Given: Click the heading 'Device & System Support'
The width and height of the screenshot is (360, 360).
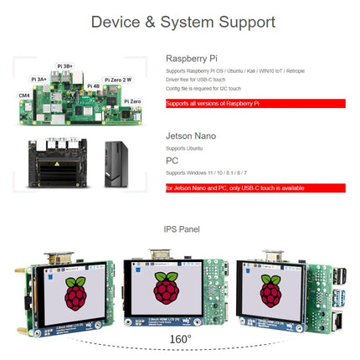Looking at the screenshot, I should [x=179, y=22].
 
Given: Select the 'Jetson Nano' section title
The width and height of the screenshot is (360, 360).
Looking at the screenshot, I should [x=191, y=136].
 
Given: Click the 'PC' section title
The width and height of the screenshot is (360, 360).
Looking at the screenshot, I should [x=172, y=160].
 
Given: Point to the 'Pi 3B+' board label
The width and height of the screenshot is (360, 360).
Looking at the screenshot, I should [x=64, y=65].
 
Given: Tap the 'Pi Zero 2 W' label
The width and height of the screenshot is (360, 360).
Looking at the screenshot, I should [x=116, y=80].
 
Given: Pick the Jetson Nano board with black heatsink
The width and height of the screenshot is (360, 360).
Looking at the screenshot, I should [x=53, y=163].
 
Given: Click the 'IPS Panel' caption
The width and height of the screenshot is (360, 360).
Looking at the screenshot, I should [x=180, y=229].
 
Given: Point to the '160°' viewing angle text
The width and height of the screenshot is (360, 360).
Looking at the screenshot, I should [x=180, y=339].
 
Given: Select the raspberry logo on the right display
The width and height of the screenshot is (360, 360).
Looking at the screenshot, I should [x=270, y=290].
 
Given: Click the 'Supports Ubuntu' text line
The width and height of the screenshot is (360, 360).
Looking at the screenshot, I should [x=183, y=148].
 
